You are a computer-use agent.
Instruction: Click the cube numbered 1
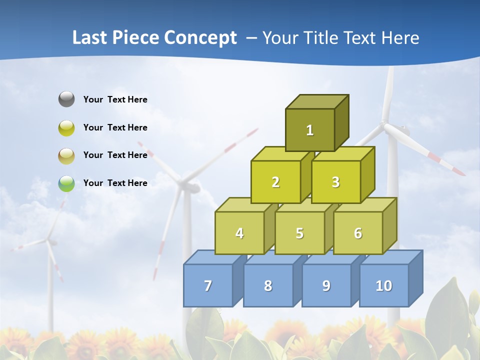310,130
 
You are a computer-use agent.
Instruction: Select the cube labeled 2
275,182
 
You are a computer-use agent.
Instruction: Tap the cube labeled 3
335,182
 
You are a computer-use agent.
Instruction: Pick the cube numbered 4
239,233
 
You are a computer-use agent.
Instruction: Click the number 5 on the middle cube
299,233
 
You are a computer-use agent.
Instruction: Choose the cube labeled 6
358,233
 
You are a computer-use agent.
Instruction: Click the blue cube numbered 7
208,285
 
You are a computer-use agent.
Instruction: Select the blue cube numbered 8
268,285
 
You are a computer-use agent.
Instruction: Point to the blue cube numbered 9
326,285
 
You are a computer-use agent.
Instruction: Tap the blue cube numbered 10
384,285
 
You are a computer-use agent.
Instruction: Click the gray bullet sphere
66,99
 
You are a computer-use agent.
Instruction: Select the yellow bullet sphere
66,127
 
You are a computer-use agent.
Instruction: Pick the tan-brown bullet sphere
66,155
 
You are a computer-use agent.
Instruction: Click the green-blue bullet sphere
66,183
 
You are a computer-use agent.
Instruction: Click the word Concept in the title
200,38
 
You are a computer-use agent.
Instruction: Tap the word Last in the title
90,38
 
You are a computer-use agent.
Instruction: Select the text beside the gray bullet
115,99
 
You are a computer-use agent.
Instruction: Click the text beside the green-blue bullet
115,183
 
